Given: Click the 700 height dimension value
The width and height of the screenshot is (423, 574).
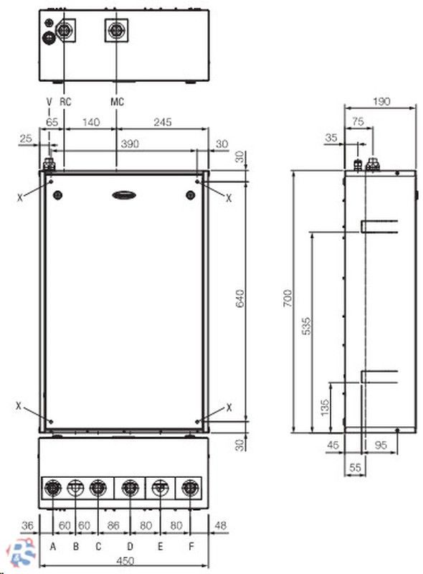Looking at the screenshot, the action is click(x=288, y=298).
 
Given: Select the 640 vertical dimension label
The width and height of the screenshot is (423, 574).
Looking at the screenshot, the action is click(x=239, y=298).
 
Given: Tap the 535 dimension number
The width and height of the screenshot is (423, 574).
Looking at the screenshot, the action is click(x=307, y=326).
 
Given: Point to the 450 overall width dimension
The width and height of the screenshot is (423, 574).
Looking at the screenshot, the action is click(x=125, y=561).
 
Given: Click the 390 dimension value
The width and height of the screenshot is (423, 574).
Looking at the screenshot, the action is click(x=130, y=144).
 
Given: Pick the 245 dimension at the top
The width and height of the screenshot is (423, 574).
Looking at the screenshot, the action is click(x=163, y=122).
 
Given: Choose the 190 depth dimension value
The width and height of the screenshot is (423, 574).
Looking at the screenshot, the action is click(x=381, y=101).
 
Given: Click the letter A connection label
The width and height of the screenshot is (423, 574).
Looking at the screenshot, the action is click(x=53, y=547).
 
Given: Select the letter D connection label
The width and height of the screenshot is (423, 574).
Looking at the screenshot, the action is click(x=130, y=547).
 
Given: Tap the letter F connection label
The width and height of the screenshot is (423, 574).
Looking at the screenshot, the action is click(x=191, y=547).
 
